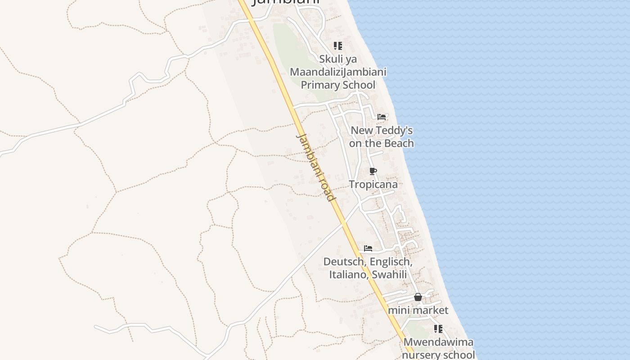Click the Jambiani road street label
[316, 167]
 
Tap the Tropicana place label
[373, 184]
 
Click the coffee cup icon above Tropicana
[373, 171]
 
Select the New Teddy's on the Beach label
[381, 137]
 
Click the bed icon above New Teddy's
[382, 117]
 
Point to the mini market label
[418, 310]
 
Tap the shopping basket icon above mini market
[418, 297]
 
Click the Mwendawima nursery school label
[438, 348]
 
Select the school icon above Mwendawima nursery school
[438, 329]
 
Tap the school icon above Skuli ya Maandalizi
[338, 46]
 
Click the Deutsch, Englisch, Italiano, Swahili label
[368, 268]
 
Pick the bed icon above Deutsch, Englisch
[368, 248]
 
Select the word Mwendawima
[438, 342]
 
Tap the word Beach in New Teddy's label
[397, 143]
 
